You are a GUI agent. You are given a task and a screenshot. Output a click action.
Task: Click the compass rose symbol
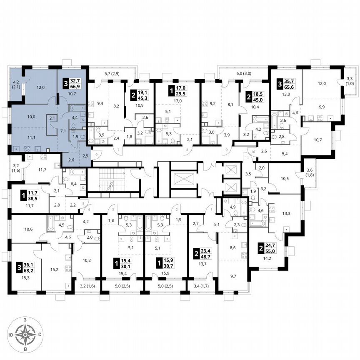click(x=26, y=334)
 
